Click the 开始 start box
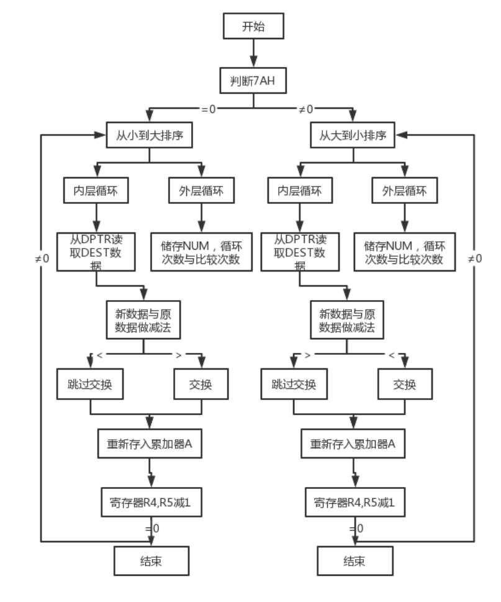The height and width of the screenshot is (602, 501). click(253, 27)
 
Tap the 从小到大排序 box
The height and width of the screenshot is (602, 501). click(150, 135)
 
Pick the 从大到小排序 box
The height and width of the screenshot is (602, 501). click(353, 135)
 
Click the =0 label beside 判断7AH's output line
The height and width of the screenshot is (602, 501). click(209, 109)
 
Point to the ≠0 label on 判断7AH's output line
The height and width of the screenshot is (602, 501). click(306, 109)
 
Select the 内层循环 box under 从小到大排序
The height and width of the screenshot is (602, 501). click(96, 191)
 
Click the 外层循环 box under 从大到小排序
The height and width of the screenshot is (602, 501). click(404, 191)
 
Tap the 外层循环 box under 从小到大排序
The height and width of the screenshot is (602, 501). click(201, 191)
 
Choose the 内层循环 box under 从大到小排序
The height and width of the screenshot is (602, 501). click(299, 191)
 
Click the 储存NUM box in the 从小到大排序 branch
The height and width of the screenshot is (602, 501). click(201, 252)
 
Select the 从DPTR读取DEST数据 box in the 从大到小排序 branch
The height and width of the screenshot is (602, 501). click(299, 252)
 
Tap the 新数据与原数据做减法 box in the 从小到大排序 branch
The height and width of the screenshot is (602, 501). click(143, 321)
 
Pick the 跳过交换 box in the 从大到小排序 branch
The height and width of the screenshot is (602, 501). click(294, 385)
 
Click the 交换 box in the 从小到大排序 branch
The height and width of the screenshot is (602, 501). click(201, 385)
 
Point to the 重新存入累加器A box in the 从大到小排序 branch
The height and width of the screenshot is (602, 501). click(353, 444)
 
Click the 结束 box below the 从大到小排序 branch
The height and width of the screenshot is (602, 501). click(354, 562)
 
